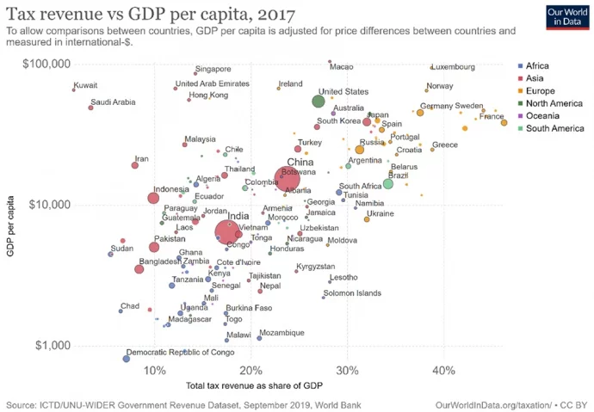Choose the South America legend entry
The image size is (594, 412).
555,128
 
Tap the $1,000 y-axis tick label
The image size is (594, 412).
53,346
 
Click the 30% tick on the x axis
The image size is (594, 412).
347,371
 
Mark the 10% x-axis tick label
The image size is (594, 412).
155,371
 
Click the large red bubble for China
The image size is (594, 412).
288,179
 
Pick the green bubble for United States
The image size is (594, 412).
318,101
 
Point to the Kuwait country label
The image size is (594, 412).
86,85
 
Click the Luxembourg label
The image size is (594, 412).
454,67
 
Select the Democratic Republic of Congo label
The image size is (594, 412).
180,353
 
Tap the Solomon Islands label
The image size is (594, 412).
352,293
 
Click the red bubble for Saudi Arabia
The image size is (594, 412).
90,108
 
